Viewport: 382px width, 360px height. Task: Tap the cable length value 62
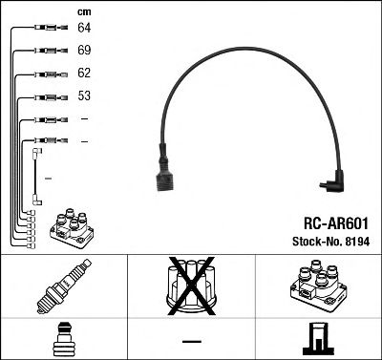(x=84, y=73)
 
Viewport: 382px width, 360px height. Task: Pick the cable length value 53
(x=84, y=96)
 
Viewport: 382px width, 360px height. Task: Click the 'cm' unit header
(x=83, y=11)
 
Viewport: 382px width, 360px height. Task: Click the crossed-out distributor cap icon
(x=192, y=285)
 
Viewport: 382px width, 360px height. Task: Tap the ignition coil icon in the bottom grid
(x=316, y=286)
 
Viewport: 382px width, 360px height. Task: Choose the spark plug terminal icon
(x=62, y=339)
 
